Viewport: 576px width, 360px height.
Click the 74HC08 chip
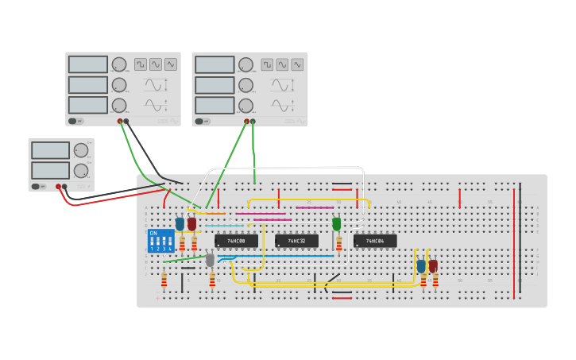pyautogui.click(x=236, y=240)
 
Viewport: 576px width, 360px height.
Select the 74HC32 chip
pyautogui.click(x=296, y=241)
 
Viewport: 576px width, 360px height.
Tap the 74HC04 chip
pyautogui.click(x=374, y=241)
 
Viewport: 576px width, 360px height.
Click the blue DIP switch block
pyautogui.click(x=160, y=241)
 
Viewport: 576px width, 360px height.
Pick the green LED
pyautogui.click(x=337, y=224)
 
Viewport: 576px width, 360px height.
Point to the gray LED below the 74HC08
pyautogui.click(x=210, y=260)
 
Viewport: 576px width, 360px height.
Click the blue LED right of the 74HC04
pyautogui.click(x=421, y=266)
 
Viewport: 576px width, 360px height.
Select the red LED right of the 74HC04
pyautogui.click(x=433, y=266)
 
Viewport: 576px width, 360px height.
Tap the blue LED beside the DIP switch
pyautogui.click(x=180, y=224)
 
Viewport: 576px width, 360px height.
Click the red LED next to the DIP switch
pyautogui.click(x=191, y=224)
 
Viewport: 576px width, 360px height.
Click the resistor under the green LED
pyautogui.click(x=339, y=243)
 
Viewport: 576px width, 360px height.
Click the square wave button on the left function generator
pyautogui.click(x=140, y=64)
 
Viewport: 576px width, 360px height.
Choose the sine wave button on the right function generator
pyautogui.click(x=282, y=64)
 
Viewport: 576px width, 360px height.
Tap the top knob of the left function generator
pyautogui.click(x=119, y=64)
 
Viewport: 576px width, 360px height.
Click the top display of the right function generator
pyautogui.click(x=215, y=64)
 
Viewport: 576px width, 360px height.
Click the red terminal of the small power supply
pyautogui.click(x=58, y=187)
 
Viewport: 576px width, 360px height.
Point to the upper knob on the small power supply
pyautogui.click(x=81, y=150)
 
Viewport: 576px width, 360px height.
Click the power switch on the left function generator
pyautogui.click(x=73, y=121)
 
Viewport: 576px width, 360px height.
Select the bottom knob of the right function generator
pyautogui.click(x=246, y=105)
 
